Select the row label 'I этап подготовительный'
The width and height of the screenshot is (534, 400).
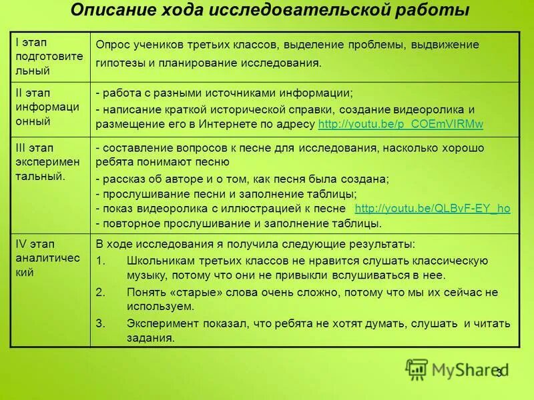click(x=49, y=56)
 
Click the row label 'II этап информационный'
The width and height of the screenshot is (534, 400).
click(x=49, y=107)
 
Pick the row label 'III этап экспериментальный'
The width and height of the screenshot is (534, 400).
click(x=49, y=161)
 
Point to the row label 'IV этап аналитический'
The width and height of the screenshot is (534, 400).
click(x=49, y=257)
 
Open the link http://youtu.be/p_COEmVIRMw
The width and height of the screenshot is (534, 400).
click(x=401, y=125)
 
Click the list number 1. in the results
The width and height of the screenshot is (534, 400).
click(x=101, y=260)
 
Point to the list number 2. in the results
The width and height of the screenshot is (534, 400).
click(x=101, y=292)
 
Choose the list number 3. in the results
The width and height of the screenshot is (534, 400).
click(x=101, y=323)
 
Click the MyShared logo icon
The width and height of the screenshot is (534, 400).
click(x=417, y=369)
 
